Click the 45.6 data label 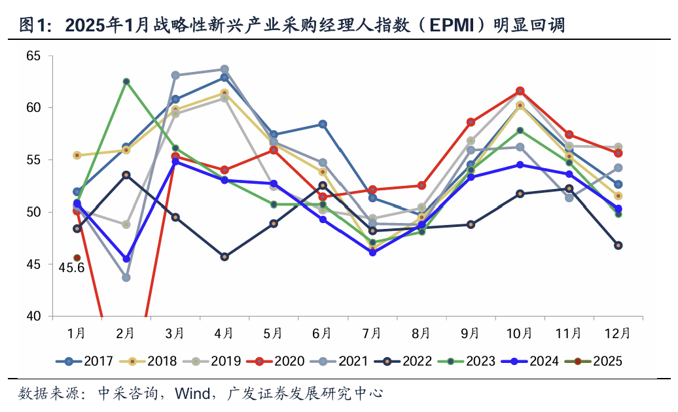coord(72,268)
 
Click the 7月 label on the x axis coord(371,334)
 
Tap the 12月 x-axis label coord(617,334)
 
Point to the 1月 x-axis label coord(77,334)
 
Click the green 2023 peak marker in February coord(126,82)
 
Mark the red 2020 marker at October coord(520,91)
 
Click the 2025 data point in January coord(77,258)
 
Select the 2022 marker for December coord(618,245)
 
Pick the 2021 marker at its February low coord(126,277)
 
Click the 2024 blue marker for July coord(372,252)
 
